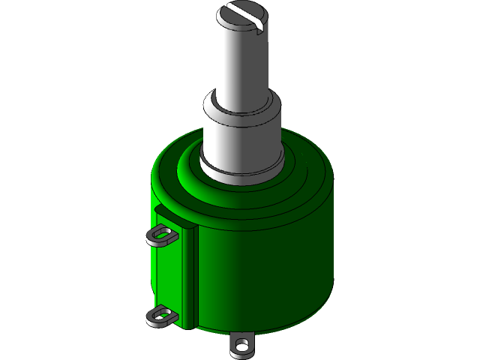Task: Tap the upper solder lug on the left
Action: point(160,236)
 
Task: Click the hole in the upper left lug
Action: point(158,238)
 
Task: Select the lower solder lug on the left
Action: point(160,316)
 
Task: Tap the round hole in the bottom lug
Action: point(241,346)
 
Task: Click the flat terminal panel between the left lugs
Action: point(166,277)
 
